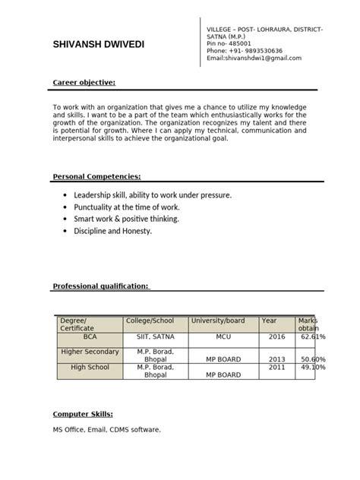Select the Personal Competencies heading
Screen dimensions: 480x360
pos(96,176)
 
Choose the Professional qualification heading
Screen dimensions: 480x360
pos(101,286)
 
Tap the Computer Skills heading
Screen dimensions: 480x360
pos(83,414)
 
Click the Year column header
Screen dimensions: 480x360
pos(270,321)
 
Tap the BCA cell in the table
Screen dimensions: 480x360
pos(90,336)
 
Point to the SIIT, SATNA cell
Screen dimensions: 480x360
pos(155,336)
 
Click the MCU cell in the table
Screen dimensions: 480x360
pos(223,336)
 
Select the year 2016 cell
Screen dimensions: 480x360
pos(276,336)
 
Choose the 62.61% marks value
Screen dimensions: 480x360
pos(313,336)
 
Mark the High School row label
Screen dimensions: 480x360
pos(90,367)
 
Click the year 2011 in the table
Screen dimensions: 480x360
pos(276,367)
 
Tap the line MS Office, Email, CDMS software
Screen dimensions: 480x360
pos(106,430)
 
